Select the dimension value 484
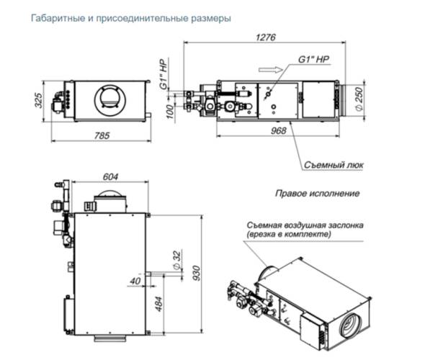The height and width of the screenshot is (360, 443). [159, 309]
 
